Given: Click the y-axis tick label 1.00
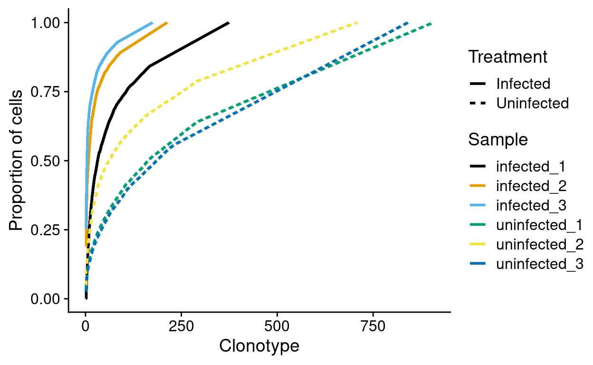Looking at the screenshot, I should coord(46,23).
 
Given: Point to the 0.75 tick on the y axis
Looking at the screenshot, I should coord(46,92).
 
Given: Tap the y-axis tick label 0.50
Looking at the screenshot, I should coord(46,161).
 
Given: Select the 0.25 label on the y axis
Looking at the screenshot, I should coord(46,230).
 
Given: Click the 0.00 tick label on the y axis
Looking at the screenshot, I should coord(46,299).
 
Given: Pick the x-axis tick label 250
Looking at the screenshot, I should coord(181,327).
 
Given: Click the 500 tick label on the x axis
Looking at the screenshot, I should coord(277,327).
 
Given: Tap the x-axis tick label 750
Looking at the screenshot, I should coord(373,327).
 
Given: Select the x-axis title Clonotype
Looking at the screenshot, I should coord(259,346).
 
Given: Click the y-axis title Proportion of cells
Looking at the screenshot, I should coord(16,161).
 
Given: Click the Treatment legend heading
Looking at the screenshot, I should coord(507,57).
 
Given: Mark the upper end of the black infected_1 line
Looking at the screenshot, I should coord(229,23).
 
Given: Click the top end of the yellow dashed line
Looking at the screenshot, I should coord(357,23).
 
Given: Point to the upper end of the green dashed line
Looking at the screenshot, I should coord(431,23).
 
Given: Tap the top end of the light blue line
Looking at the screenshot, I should coord(152,23).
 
